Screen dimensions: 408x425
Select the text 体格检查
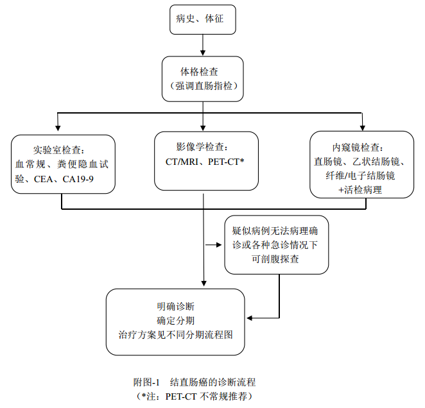203,70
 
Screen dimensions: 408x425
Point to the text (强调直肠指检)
203,85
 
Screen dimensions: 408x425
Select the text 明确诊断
175,305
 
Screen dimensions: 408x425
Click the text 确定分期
175,319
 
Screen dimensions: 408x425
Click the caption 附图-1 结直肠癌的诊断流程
194,382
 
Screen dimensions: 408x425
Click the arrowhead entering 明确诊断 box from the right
252,317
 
